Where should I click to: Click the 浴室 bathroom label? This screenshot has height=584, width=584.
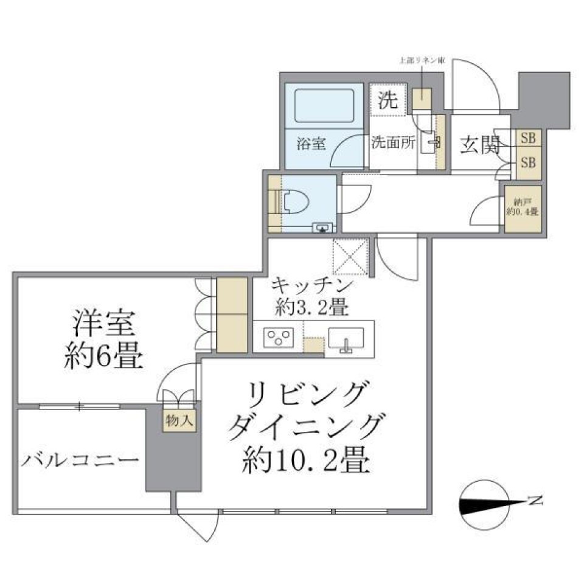pyautogui.click(x=311, y=144)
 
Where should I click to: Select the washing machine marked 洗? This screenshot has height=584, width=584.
pyautogui.click(x=387, y=99)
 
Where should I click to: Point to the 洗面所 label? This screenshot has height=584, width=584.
pyautogui.click(x=394, y=144)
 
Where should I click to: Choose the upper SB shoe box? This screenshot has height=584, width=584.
pyautogui.click(x=528, y=138)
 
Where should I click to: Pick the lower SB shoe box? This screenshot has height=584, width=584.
pyautogui.click(x=528, y=162)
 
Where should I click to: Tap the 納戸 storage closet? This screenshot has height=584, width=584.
pyautogui.click(x=523, y=207)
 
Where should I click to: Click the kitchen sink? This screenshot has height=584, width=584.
pyautogui.click(x=346, y=338)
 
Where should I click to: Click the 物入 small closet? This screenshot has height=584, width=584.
pyautogui.click(x=179, y=420)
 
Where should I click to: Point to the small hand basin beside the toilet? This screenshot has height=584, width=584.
pyautogui.click(x=322, y=228)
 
